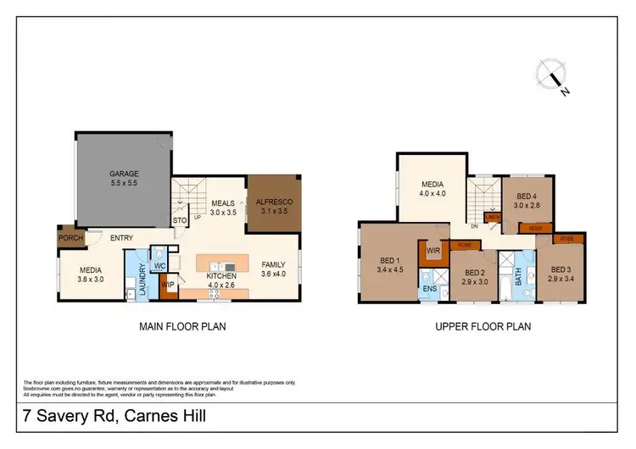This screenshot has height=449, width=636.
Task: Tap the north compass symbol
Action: (552, 78)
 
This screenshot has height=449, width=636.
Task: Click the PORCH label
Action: (70, 238)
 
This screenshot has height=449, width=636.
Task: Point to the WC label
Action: (159, 266)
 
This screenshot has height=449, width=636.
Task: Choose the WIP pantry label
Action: (168, 285)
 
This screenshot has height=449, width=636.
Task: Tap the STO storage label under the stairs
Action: (180, 221)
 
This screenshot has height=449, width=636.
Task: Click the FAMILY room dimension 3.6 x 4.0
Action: (274, 274)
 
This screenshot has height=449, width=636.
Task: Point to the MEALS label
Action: (223, 202)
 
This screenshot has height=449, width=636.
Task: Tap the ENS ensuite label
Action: (430, 288)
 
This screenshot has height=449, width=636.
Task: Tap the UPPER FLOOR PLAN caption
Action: (483, 326)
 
